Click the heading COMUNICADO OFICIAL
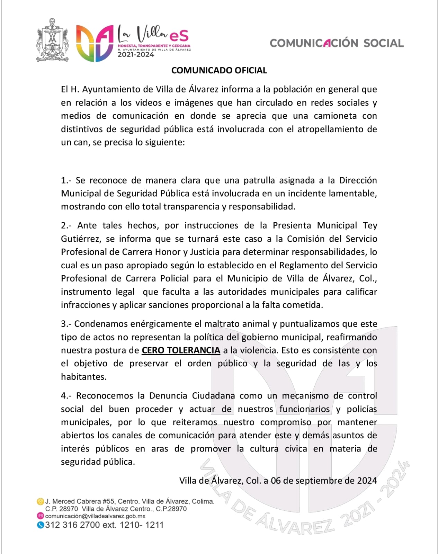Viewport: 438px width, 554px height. point(219,70)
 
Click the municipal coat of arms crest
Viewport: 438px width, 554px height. point(52,41)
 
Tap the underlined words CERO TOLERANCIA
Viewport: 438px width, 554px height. point(181,350)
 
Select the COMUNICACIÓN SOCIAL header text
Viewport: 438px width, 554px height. point(337,43)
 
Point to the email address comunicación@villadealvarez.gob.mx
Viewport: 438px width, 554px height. point(95,516)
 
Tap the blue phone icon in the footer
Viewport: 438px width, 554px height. point(41,525)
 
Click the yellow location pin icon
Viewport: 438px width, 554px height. point(41,501)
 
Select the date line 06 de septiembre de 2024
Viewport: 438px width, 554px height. point(324,481)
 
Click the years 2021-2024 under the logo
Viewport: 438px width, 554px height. point(135,54)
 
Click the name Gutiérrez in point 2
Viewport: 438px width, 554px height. point(81,239)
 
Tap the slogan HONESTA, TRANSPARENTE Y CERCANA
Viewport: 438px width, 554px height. point(154,46)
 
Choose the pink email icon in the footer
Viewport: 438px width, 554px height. point(41,516)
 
